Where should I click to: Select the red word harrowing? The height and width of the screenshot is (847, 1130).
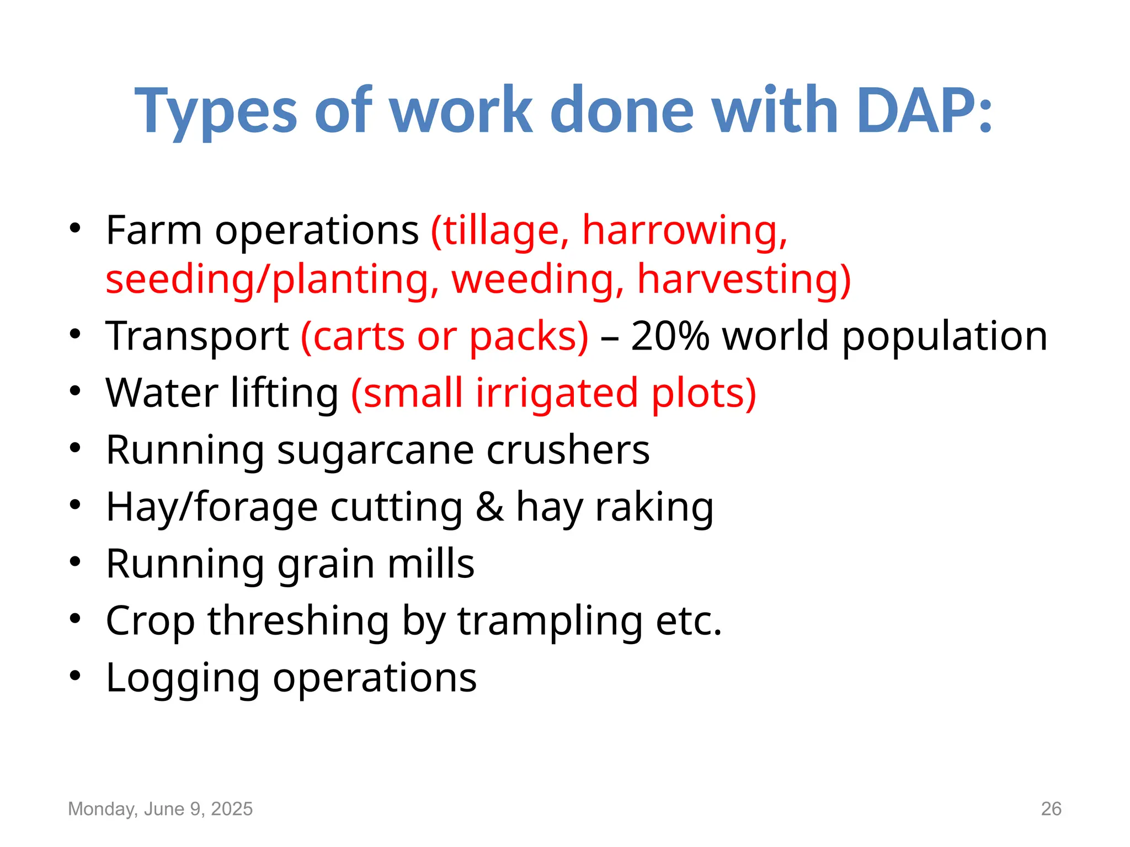click(685, 230)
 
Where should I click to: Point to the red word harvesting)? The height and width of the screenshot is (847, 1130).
click(744, 279)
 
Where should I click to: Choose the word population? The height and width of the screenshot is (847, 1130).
click(944, 337)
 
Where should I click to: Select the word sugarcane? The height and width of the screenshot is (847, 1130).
click(375, 451)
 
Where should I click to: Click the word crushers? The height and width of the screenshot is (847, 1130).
click(568, 450)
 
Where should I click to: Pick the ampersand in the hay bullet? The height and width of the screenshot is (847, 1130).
click(489, 507)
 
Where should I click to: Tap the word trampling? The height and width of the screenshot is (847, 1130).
click(550, 621)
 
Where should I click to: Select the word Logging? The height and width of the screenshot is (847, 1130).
click(183, 679)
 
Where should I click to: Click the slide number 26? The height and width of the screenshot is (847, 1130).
click(1051, 809)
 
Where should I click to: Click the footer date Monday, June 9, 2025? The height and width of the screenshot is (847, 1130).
click(160, 809)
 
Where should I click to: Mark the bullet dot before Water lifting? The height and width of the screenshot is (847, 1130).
click(75, 391)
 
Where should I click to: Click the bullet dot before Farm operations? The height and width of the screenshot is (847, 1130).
click(75, 228)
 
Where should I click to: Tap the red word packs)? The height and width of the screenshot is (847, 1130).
click(529, 337)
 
